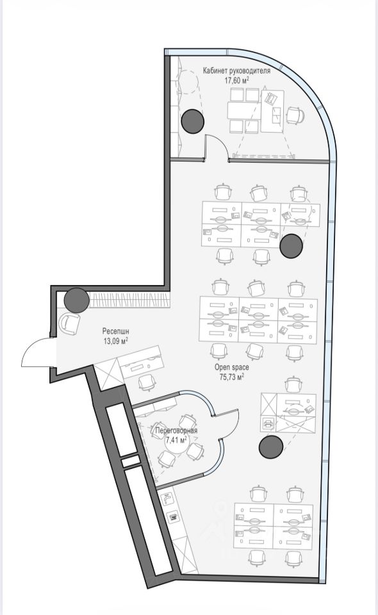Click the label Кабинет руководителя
coord(236,71)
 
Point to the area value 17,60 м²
coord(237,81)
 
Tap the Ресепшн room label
coord(116,331)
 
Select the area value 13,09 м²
coord(116,341)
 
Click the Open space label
coord(231,368)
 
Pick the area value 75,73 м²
coord(231,377)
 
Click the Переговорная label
coord(176,430)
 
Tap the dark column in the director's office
coord(193,121)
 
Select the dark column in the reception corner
coord(77,300)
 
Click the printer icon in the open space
coord(268,423)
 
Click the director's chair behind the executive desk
coord(295,116)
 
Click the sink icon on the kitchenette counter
coord(167,499)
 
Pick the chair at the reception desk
coord(146,382)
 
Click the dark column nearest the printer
coord(271,447)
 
